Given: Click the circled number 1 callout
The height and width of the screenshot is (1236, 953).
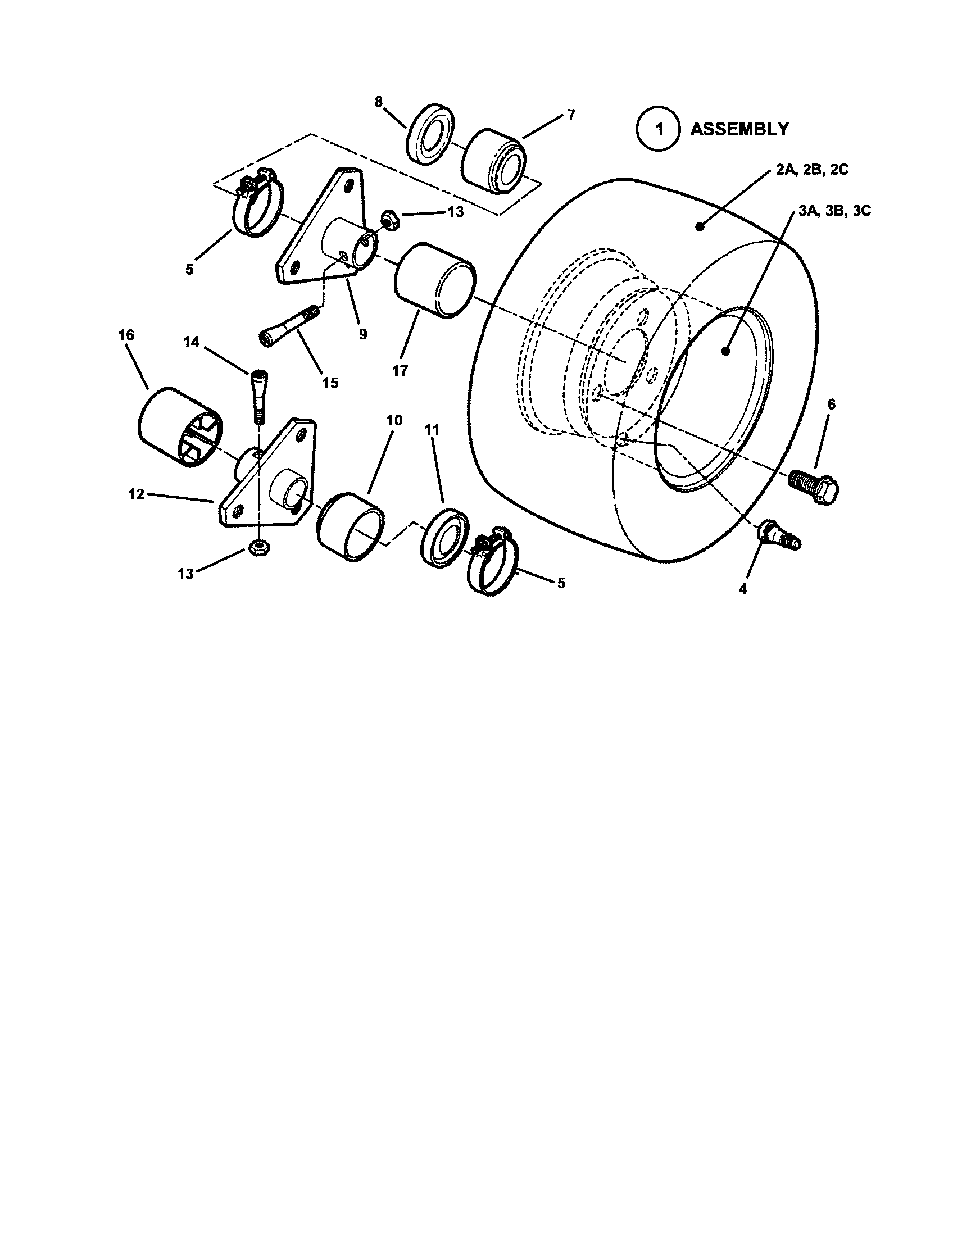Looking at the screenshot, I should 658,130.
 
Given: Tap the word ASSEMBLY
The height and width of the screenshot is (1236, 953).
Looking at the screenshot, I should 739,130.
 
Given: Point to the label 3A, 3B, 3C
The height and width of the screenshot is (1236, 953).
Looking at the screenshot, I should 835,211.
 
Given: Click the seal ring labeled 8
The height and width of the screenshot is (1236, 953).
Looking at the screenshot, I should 428,135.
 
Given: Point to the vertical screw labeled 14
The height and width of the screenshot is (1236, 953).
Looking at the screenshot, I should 257,395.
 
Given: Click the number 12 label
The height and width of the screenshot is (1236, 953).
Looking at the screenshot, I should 137,494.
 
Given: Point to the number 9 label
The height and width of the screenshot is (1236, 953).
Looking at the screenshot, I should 362,334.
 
